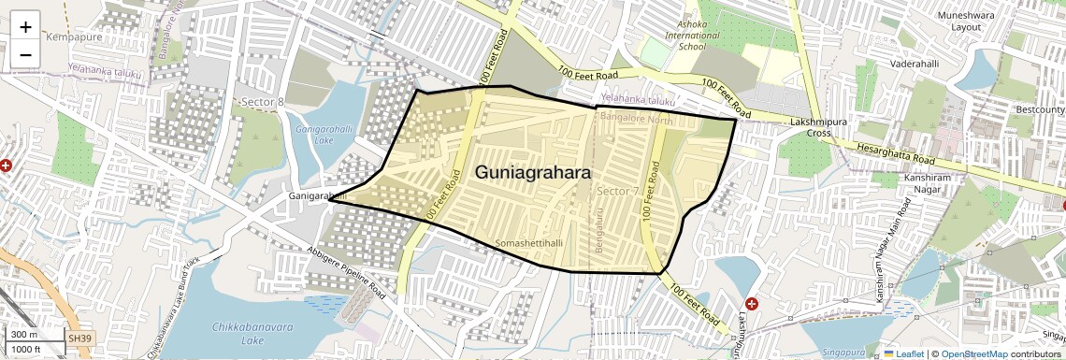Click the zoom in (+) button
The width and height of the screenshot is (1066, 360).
25,27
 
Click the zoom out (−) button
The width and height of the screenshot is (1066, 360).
25,54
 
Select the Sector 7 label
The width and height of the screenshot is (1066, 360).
617,191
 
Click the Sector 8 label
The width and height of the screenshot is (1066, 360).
262,101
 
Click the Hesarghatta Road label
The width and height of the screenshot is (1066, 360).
897,154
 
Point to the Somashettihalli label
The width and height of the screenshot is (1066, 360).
530,242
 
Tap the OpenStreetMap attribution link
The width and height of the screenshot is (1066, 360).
973,353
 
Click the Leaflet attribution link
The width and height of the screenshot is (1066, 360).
903,353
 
